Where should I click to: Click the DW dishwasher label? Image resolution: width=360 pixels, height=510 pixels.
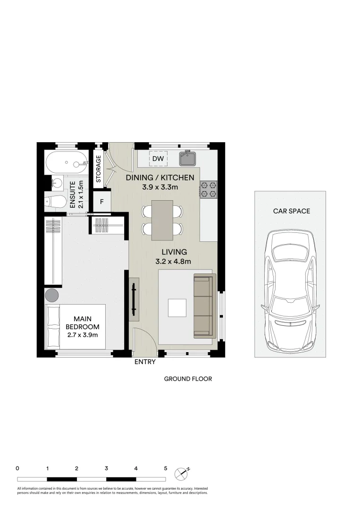[158, 159]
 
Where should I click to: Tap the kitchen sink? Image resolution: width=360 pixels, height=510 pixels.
[187, 159]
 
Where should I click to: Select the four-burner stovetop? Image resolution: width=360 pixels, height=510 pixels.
[209, 189]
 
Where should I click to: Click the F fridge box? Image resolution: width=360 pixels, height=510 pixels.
[101, 202]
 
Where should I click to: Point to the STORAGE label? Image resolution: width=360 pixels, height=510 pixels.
[99, 169]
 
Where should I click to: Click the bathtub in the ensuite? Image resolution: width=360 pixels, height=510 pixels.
[66, 163]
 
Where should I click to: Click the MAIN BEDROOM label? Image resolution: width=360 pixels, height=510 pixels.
[82, 327]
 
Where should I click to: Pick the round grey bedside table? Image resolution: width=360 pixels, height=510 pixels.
[52, 296]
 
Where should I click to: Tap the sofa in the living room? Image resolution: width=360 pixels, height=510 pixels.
[204, 306]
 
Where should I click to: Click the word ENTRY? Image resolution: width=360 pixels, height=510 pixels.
[145, 363]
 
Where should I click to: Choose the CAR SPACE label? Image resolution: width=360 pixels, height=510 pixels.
[292, 211]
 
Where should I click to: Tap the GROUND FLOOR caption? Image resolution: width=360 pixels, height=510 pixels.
[188, 379]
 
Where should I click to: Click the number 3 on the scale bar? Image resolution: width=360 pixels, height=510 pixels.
[107, 468]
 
